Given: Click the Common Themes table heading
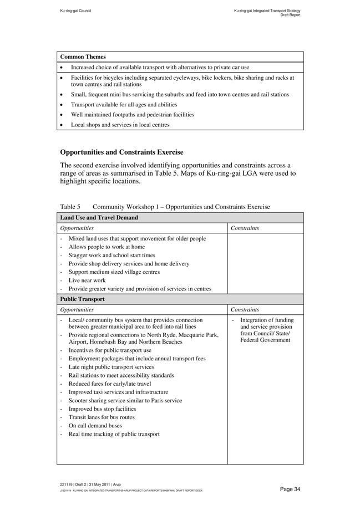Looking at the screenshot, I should pos(83,57).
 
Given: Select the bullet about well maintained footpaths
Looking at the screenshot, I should pos(132,115).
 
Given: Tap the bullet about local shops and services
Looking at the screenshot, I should pos(120,125).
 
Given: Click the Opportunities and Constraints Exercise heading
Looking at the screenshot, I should pos(121,152).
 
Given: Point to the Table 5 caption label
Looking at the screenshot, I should pos(70,207).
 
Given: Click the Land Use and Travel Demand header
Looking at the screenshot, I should pos(99,218).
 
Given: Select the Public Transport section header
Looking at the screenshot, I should pos(83,299).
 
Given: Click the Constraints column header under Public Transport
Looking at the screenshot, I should pos(245,310).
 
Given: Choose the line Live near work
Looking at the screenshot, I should pos(87,280).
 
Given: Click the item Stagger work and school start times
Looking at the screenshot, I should pos(111,256).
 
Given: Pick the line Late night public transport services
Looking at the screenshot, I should pos(111,367).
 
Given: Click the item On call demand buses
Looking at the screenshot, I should pos(95,426).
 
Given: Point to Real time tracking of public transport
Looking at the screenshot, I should pos(114,434).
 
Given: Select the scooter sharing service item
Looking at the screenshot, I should pos(125,401).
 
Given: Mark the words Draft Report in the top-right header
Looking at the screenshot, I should pos(290,15).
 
